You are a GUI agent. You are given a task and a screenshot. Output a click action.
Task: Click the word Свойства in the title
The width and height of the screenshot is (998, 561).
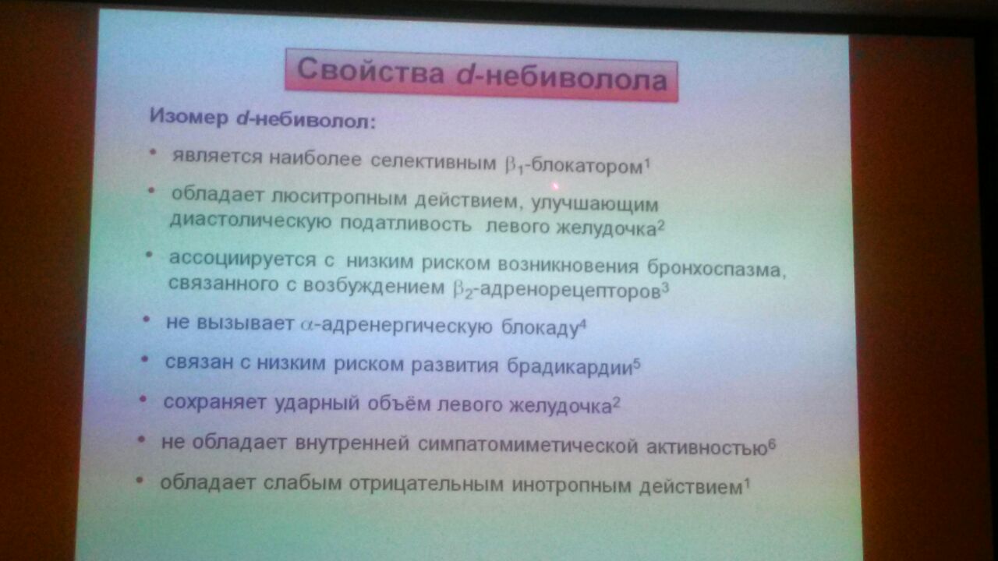coord(370,71)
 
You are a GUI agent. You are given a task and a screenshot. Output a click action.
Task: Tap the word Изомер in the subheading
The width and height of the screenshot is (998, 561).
coord(189,117)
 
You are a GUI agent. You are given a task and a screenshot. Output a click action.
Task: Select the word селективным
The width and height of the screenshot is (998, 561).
coord(433,161)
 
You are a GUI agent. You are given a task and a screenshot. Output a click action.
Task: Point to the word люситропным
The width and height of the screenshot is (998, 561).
coord(339,198)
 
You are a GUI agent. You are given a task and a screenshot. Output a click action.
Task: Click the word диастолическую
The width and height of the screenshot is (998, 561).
coord(250,221)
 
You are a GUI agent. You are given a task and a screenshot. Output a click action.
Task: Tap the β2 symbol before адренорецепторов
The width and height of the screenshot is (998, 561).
coord(464,289)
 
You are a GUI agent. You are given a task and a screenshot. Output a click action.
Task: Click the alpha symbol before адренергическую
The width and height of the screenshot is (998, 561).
coord(307,324)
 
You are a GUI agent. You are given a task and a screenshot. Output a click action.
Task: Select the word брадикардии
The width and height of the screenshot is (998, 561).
coord(570,366)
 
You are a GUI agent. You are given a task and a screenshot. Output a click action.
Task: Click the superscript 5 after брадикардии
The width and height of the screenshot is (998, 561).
coord(637,364)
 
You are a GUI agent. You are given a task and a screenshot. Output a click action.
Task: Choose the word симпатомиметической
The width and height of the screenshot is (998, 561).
coord(528,445)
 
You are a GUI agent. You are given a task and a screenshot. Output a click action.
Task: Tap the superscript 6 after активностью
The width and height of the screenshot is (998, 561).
coord(772,444)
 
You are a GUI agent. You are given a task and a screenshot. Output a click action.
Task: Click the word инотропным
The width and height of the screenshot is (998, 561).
coord(572,485)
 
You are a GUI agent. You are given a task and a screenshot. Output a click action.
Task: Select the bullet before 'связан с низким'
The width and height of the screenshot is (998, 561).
coord(144,358)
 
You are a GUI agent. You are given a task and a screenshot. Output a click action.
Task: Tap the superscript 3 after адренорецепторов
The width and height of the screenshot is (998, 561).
coord(665,289)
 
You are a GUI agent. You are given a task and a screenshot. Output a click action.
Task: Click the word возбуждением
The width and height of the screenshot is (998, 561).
coord(374,286)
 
